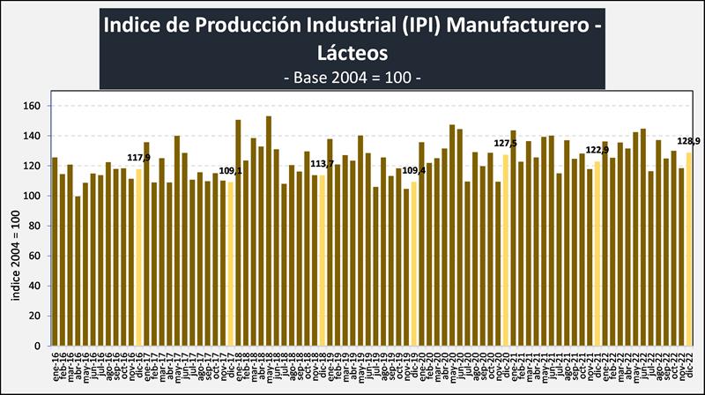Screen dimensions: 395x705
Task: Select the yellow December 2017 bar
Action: point(231,264)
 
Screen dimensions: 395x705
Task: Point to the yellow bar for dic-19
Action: point(414,264)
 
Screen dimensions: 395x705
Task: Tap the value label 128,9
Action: point(687,141)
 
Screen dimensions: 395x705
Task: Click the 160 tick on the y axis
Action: point(33,106)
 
